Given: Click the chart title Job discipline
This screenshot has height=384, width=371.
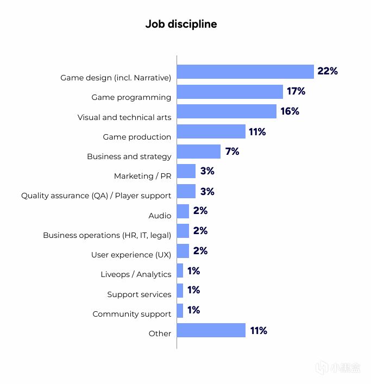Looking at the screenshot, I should pos(181,24).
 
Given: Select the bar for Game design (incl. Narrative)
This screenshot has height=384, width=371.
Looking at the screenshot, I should pos(246,72).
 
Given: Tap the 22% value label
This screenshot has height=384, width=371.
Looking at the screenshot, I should pos(328,71).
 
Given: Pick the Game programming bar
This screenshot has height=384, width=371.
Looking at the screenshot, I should pos(230,92).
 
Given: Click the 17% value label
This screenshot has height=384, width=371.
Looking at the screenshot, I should pos(297,91).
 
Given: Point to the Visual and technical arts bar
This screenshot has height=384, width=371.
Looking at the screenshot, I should pos(227,111).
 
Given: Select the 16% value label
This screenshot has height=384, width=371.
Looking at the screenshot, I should pos(290,111).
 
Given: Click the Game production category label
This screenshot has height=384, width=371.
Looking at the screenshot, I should pos(137,137).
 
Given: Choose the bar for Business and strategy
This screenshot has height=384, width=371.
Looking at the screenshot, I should pos(199,152).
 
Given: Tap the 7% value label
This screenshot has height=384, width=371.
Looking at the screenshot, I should pos(232,152).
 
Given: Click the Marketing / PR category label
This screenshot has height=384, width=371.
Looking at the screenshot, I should pos(142,176).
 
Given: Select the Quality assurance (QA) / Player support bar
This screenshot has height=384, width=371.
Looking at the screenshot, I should pos(186,191).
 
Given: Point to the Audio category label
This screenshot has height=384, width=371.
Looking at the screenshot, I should pos(160,216).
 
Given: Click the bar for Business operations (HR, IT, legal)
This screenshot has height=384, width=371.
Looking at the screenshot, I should pos(183,231).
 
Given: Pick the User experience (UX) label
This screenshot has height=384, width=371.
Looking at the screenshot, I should pos(131,255).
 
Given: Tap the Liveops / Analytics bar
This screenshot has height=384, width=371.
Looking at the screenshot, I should pos(180,270).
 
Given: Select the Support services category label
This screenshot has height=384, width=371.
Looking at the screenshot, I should pos(139,294).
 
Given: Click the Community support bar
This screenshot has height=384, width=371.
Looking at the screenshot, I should pos(180,310).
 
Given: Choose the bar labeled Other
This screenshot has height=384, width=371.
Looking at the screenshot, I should pos(211,330).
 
